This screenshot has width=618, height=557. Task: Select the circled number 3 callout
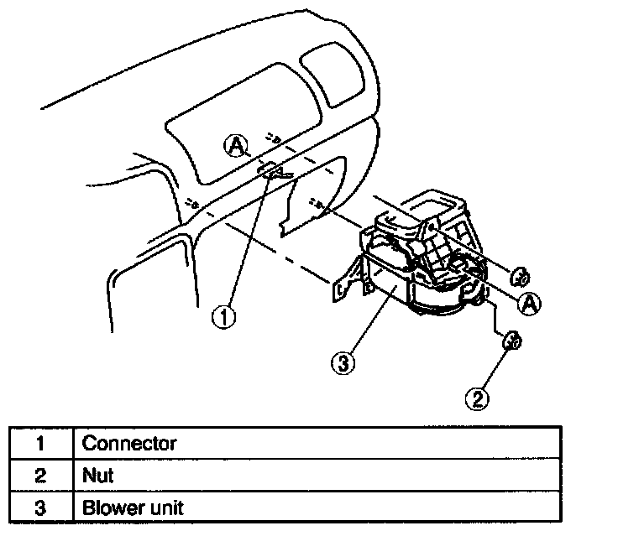[342, 364]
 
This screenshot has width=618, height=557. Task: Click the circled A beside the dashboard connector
[236, 147]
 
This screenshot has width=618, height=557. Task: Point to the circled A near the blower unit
[528, 305]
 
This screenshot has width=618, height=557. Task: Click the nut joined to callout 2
[511, 341]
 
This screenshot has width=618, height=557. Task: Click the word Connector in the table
[129, 443]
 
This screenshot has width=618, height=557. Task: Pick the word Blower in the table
[108, 508]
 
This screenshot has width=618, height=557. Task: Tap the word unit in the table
[166, 508]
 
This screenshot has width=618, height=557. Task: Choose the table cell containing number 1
[40, 443]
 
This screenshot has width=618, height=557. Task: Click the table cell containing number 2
[40, 476]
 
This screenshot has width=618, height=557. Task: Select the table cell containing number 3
[40, 508]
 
